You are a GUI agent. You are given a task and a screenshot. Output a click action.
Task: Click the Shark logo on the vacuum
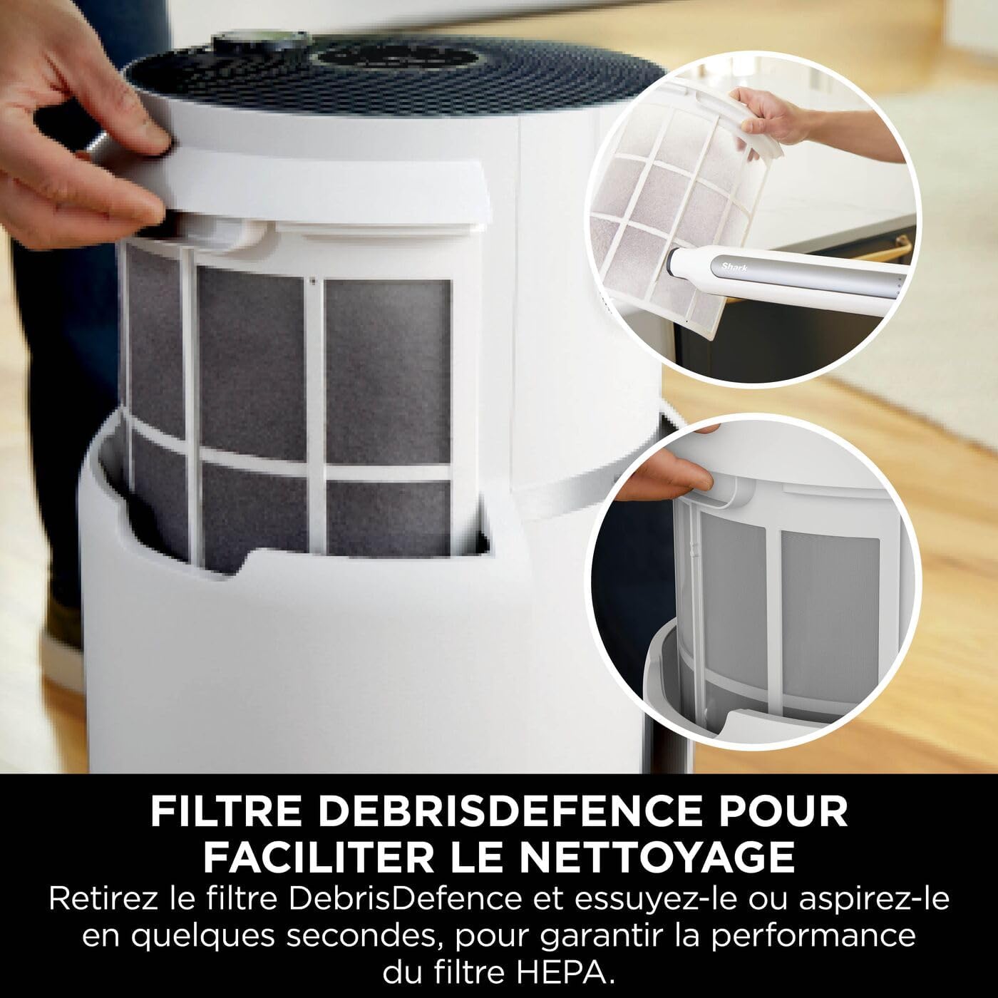point(734,268)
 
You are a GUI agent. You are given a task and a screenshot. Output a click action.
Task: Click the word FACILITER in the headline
point(319,857)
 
